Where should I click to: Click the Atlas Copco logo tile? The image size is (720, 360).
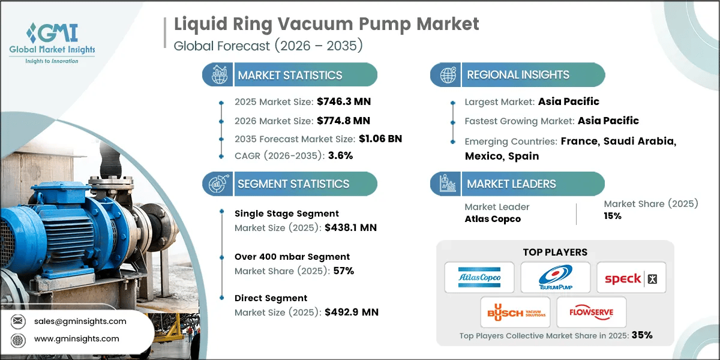[x=479, y=277]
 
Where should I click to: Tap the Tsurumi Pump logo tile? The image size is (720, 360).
[x=555, y=277]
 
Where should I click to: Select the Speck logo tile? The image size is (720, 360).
[x=631, y=277]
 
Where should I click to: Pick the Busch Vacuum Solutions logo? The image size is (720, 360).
[x=515, y=312]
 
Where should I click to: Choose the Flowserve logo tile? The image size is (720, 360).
[x=591, y=312]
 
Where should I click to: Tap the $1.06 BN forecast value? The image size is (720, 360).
[x=372, y=139]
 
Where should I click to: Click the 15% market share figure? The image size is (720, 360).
[x=613, y=216]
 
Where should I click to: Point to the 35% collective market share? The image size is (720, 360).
[x=641, y=335]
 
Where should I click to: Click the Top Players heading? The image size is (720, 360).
[x=555, y=252]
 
